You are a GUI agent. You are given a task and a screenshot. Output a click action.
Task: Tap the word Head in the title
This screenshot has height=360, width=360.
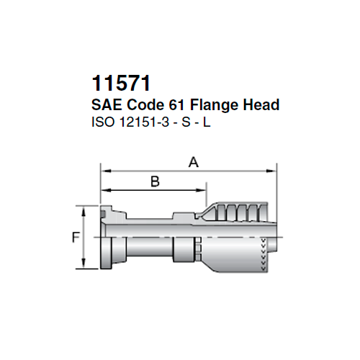coord(261,105)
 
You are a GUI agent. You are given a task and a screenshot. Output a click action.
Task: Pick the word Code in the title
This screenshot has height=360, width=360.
coord(145,105)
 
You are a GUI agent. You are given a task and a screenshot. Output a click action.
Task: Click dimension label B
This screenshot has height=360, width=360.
coord(154,181)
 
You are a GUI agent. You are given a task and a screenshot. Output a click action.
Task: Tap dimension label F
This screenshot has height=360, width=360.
coord(74,236)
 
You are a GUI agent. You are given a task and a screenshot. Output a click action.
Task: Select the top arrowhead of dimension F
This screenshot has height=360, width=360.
coord(85,210)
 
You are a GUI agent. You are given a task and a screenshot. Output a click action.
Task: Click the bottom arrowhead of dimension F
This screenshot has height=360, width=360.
coord(85,265)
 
